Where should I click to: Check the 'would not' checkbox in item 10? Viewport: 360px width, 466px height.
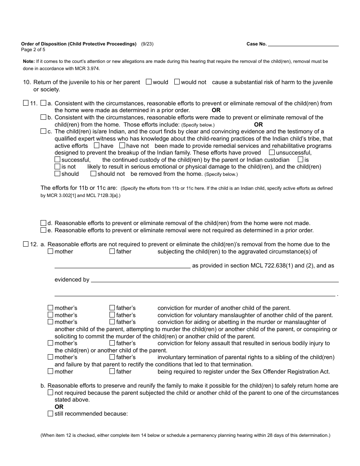pyautogui.click(x=177, y=82)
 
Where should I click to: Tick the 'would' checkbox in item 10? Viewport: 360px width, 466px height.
pyautogui.click(x=149, y=82)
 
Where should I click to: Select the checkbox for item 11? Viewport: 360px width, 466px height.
pyautogui.click(x=26, y=103)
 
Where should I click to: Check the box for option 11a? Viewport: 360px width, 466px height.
pyautogui.click(x=43, y=103)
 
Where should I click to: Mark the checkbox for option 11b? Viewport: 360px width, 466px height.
pyautogui.click(x=43, y=117)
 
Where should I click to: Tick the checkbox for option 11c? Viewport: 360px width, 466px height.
pyautogui.click(x=43, y=131)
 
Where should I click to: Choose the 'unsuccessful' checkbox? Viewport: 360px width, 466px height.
pyautogui.click(x=272, y=152)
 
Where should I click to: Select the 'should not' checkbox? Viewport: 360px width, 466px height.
pyautogui.click(x=93, y=174)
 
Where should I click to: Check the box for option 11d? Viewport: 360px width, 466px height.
pyautogui.click(x=43, y=223)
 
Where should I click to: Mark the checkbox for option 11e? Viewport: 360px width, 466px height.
pyautogui.click(x=43, y=230)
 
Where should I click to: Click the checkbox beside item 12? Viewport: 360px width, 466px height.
pyautogui.click(x=26, y=244)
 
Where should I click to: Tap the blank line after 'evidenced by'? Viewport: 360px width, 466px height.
pyautogui.click(x=214, y=280)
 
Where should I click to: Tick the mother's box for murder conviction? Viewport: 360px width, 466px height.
pyautogui.click(x=50, y=308)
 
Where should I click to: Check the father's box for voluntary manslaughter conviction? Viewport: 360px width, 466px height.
pyautogui.click(x=112, y=315)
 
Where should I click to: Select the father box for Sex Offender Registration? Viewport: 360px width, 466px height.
pyautogui.click(x=112, y=371)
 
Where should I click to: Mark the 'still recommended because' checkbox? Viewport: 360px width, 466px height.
pyautogui.click(x=50, y=414)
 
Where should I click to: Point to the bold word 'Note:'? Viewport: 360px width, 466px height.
pyautogui.click(x=29, y=61)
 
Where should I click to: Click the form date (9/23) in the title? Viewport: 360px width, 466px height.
pyautogui.click(x=147, y=44)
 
